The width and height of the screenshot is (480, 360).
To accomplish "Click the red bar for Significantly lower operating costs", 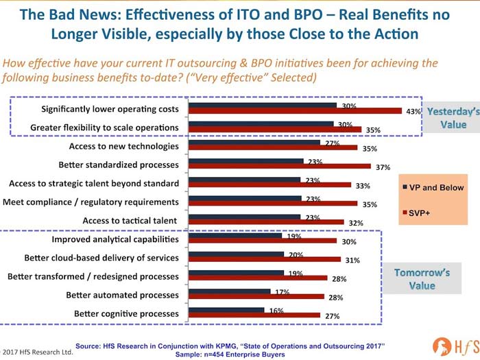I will tap(295, 110).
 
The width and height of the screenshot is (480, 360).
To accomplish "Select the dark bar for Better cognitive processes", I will tap(226, 309).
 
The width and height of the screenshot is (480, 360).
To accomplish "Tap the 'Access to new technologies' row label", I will tap(124, 146).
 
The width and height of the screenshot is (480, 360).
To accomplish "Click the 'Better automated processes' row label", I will tap(123, 295).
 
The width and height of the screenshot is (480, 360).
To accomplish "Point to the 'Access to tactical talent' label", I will tap(130, 220).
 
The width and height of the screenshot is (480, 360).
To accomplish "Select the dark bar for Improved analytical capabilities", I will tap(235, 235).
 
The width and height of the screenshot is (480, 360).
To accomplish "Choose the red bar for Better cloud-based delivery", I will tap(264, 259).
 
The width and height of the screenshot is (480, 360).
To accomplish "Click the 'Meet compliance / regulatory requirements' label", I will tap(91, 202).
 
